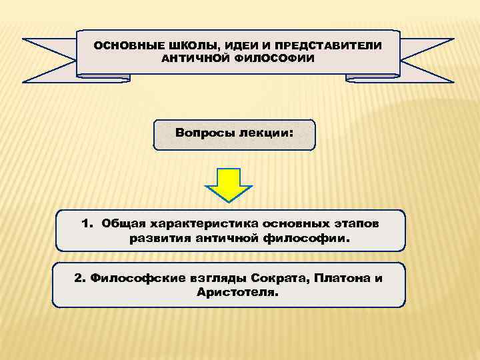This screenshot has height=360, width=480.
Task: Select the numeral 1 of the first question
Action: pyautogui.click(x=87, y=223)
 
